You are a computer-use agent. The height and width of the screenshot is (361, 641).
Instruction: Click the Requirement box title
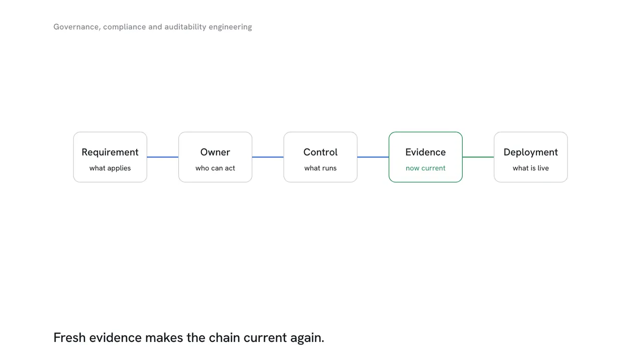pos(110,152)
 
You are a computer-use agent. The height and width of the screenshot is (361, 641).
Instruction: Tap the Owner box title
pos(215,152)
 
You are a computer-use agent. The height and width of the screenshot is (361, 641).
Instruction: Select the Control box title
pos(320,152)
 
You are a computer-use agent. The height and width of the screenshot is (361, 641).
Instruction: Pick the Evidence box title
pos(426,152)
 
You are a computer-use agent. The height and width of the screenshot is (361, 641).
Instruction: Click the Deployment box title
pos(531,152)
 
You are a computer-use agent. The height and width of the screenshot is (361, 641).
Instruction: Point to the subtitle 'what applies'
pos(110,168)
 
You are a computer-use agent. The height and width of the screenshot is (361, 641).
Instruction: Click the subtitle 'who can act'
pos(215,168)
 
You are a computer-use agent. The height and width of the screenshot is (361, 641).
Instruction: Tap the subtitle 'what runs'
pos(320,168)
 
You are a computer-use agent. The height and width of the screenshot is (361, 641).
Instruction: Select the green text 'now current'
pos(426,168)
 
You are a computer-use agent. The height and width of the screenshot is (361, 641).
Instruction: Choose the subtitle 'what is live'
pos(531,168)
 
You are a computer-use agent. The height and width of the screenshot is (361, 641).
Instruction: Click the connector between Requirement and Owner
pos(163,157)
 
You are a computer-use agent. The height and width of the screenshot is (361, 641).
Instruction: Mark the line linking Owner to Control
pos(268,157)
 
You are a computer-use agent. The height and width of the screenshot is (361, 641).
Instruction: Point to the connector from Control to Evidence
pos(373,157)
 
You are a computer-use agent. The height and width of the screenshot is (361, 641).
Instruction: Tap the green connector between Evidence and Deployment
pos(478,157)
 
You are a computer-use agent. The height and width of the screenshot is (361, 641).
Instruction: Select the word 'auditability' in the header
pos(185,27)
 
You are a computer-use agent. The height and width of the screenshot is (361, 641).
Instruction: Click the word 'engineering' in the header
pos(230,27)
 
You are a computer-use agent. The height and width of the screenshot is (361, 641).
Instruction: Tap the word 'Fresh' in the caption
pos(70,337)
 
